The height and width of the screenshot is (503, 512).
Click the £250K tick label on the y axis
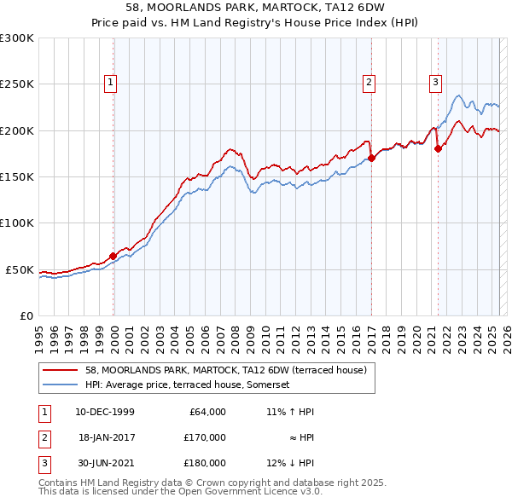pos(16,84)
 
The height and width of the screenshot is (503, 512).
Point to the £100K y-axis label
pos(16,223)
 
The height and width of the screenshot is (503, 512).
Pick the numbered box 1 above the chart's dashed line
pos(112,83)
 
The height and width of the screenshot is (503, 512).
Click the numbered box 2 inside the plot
pos(369,83)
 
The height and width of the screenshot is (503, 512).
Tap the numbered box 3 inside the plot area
pos(435,83)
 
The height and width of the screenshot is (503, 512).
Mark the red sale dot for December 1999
pos(113,256)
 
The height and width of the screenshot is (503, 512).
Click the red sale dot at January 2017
pos(371,158)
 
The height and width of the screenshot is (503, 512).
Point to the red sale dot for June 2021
pos(438,148)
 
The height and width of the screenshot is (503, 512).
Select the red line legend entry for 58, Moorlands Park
pos(225,370)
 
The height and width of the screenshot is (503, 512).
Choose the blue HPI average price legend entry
pos(188,385)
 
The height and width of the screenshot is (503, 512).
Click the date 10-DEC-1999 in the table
pos(105,412)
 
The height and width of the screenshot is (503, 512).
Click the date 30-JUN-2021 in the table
pos(105,463)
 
